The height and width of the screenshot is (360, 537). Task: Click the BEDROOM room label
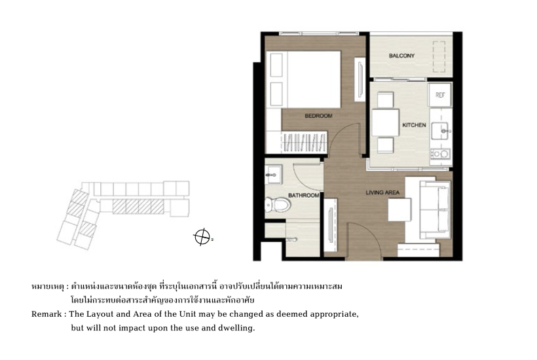[318, 116]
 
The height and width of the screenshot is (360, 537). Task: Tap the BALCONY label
[401, 56]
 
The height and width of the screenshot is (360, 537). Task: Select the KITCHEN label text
[414, 125]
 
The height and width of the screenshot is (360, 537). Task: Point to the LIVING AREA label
[382, 192]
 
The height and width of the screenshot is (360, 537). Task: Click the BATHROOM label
[304, 196]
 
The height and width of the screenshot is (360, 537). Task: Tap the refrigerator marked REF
[440, 95]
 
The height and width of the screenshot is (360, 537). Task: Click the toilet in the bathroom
[278, 205]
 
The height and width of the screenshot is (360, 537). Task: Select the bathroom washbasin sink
[273, 175]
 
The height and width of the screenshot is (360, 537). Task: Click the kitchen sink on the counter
[440, 131]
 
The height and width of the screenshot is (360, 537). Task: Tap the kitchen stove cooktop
[441, 154]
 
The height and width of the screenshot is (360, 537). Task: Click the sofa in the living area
[435, 209]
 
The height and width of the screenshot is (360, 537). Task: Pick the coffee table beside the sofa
[399, 209]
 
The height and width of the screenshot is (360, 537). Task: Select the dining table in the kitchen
[385, 122]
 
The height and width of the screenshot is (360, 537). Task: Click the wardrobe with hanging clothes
[304, 142]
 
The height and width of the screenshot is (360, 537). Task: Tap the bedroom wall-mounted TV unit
[360, 79]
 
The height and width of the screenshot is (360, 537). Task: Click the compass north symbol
[202, 237]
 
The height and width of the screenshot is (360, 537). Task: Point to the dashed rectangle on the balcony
[439, 57]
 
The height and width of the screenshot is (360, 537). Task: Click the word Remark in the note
[46, 314]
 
